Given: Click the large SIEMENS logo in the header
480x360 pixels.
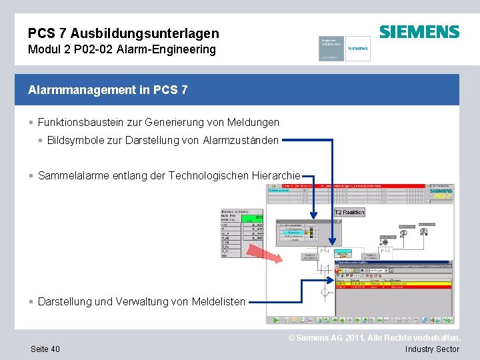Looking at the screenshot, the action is pyautogui.click(x=419, y=32).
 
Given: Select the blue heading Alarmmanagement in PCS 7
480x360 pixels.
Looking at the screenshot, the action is pyautogui.click(x=108, y=89).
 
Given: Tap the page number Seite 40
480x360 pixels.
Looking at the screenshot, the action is pyautogui.click(x=45, y=349).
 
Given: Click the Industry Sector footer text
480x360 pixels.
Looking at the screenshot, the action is pyautogui.click(x=432, y=349).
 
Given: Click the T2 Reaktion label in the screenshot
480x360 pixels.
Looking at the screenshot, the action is pyautogui.click(x=349, y=212).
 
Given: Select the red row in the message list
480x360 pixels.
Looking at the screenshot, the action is pyautogui.click(x=393, y=287).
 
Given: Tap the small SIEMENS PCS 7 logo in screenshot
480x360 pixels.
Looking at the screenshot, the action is pyautogui.click(x=441, y=192).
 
